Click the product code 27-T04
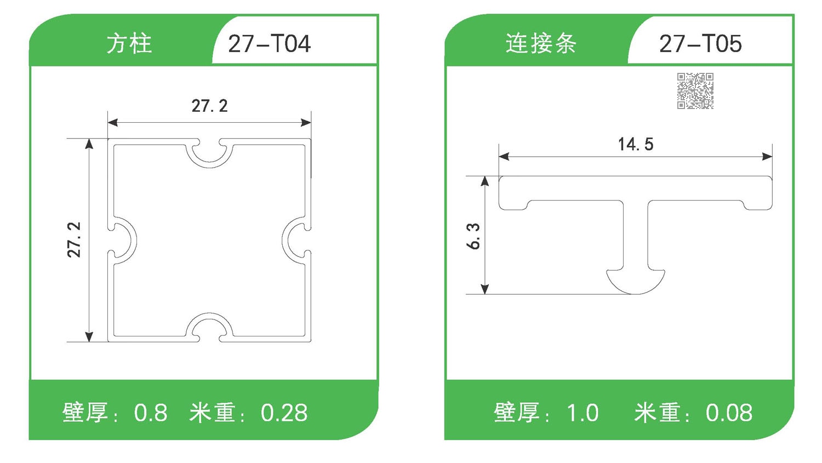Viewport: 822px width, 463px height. (269, 44)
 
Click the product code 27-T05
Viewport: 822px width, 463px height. (700, 44)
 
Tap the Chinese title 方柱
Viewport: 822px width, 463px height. (129, 44)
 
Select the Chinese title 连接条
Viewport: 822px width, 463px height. (540, 44)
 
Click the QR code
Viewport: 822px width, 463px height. (695, 91)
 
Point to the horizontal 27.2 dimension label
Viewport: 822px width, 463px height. (209, 106)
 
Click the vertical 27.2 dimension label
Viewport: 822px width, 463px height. (74, 240)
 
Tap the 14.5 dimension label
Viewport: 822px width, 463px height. (636, 145)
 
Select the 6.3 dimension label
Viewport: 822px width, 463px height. (473, 236)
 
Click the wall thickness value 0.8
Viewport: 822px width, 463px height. (151, 413)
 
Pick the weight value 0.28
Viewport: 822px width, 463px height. (284, 413)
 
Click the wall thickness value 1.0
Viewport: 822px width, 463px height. (582, 413)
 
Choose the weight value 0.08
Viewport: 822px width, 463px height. (729, 413)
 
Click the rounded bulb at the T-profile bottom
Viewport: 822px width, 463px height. (636, 282)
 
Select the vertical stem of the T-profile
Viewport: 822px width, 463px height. (636, 236)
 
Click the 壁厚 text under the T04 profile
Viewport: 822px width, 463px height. (85, 413)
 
